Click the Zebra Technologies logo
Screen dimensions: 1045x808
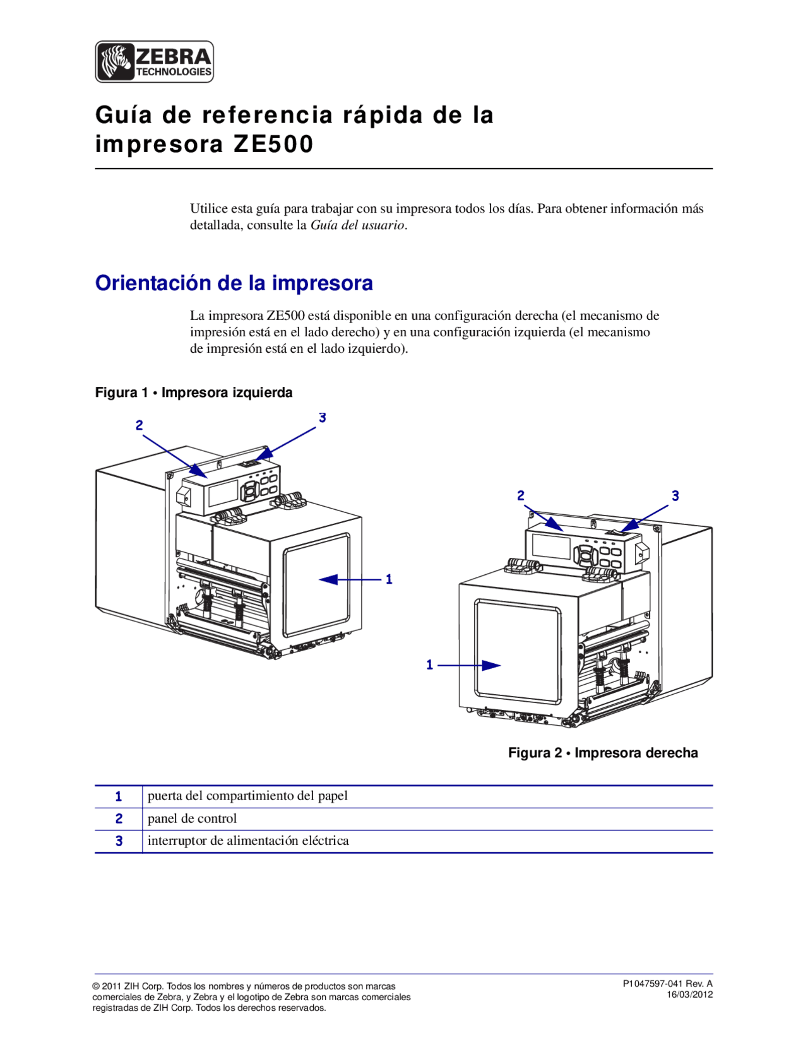[154, 62]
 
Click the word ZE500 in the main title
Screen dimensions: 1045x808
[273, 145]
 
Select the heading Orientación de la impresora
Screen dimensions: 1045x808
[234, 283]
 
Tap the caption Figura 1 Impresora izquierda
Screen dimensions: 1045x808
[193, 393]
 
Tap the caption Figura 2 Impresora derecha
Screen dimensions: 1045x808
[603, 753]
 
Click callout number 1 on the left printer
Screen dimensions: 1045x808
[389, 579]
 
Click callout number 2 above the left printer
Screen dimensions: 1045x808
[139, 425]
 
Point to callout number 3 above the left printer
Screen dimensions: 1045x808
[322, 418]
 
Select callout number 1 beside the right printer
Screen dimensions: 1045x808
[430, 664]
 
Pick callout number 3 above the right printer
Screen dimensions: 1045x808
[675, 496]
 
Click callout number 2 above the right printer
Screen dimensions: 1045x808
[521, 496]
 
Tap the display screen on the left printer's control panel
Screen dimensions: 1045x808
[222, 493]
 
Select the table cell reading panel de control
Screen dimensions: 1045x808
[192, 818]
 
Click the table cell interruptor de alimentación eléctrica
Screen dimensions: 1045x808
[248, 841]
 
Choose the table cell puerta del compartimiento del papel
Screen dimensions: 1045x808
[247, 796]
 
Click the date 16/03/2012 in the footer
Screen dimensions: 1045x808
[690, 995]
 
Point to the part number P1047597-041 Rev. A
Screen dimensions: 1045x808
[667, 983]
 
